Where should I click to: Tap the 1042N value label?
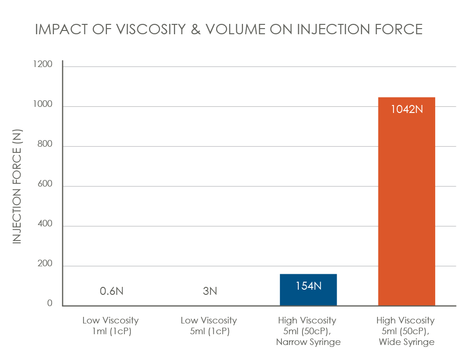click(406, 109)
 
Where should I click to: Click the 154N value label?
click(308, 286)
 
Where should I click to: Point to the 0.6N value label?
click(112, 291)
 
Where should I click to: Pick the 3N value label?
click(210, 291)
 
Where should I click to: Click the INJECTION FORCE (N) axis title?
click(17, 186)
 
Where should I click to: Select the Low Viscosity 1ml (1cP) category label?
click(111, 326)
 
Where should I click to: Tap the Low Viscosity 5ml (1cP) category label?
click(209, 326)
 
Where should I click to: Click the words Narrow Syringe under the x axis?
click(308, 342)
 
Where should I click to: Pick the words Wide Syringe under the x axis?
click(406, 342)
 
